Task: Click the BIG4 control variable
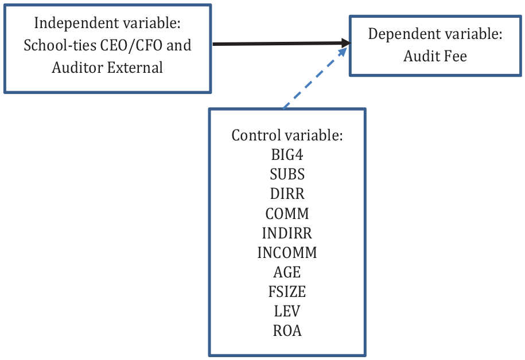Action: (287, 155)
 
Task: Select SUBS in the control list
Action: (287, 174)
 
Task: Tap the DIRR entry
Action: (287, 194)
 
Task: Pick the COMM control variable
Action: (287, 213)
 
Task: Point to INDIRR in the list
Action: (287, 233)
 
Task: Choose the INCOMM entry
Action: (287, 252)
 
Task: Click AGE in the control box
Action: (287, 272)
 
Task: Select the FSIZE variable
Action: (287, 291)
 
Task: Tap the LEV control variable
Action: (287, 311)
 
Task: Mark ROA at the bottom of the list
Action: (287, 331)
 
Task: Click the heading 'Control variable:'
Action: (287, 135)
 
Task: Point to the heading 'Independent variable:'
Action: (107, 23)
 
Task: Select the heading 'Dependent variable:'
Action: (435, 34)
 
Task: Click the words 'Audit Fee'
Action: (435, 56)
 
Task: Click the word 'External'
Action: (135, 68)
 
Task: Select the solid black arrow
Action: (282, 44)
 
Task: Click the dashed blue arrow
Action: (315, 78)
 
